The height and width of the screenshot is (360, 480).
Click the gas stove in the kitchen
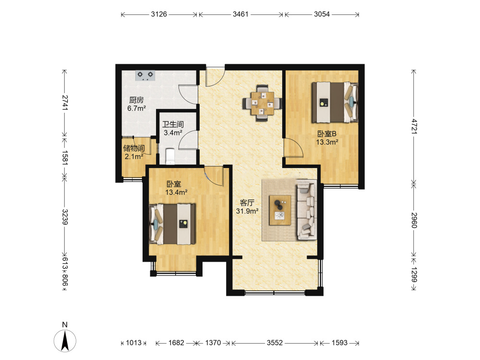click(145, 75)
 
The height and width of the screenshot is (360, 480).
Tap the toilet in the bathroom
click(170, 156)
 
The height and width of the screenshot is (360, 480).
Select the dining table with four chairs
click(263, 103)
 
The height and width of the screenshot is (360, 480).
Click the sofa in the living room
click(306, 210)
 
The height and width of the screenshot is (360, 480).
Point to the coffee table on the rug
click(280, 210)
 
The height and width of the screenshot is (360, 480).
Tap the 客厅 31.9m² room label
click(247, 207)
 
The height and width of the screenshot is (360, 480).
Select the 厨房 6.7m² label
click(136, 104)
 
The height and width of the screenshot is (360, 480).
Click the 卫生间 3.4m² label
click(173, 128)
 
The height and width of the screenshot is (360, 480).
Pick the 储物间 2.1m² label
click(134, 152)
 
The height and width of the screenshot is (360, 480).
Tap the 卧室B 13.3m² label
click(327, 138)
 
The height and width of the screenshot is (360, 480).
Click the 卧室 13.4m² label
click(176, 188)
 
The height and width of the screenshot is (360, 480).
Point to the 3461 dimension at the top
click(240, 14)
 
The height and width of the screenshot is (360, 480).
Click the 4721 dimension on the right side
click(414, 126)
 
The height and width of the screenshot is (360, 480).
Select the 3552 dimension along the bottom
click(275, 343)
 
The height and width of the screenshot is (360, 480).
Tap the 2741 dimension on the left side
click(65, 103)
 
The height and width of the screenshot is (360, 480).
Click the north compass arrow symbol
click(65, 341)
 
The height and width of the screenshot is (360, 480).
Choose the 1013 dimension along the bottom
click(134, 343)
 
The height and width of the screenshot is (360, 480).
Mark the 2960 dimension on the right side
click(414, 220)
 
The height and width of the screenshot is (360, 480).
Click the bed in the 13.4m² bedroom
click(172, 224)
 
